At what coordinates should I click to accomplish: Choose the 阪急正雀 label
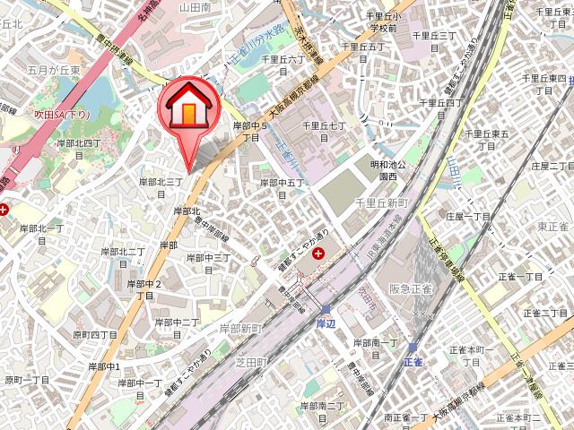click(x=410, y=288)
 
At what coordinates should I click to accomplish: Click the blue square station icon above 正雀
click(x=412, y=347)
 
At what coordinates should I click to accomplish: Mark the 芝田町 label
click(x=252, y=361)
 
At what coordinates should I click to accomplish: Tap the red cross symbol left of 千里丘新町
click(x=319, y=255)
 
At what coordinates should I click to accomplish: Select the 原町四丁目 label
click(x=95, y=334)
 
